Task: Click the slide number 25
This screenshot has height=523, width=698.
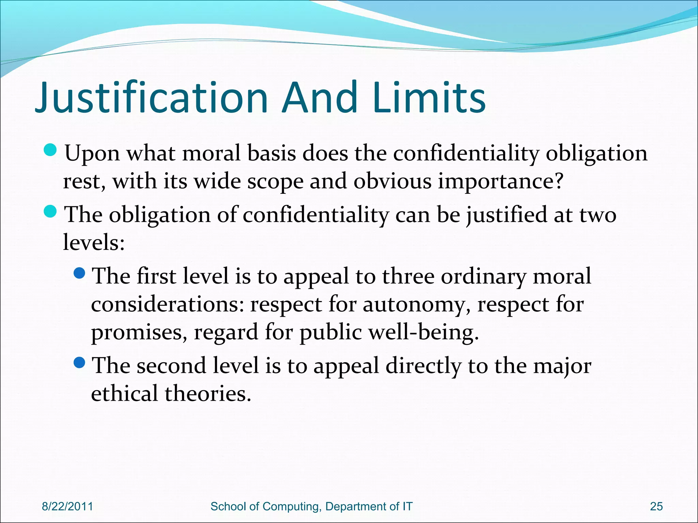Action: (x=656, y=506)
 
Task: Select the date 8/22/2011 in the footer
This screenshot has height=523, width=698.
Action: (x=67, y=506)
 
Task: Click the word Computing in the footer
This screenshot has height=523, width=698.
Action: (x=292, y=507)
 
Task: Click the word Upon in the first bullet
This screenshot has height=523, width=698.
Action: (x=92, y=154)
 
